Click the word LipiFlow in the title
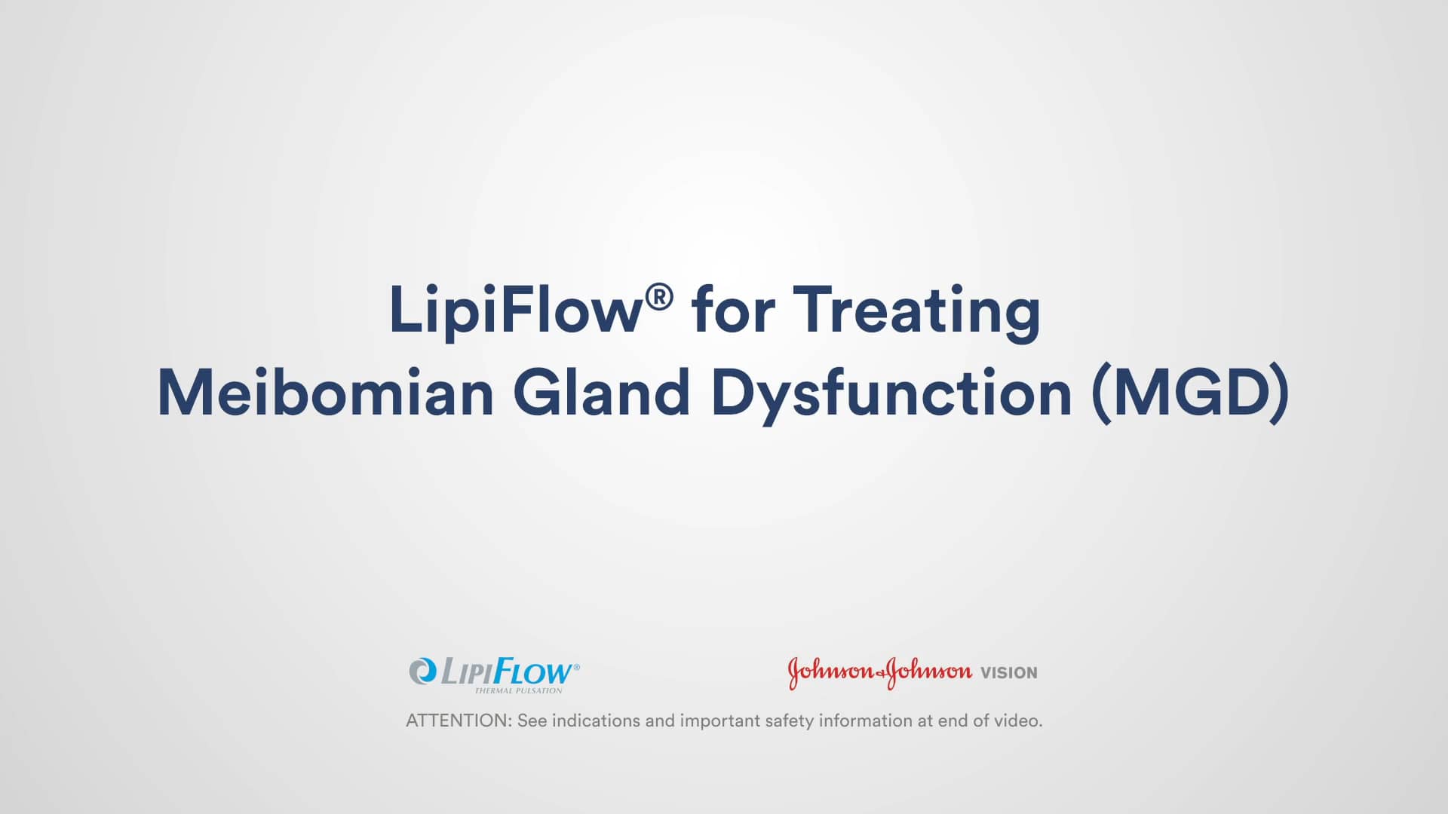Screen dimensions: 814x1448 click(514, 311)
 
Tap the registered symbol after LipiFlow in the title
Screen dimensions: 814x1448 click(658, 297)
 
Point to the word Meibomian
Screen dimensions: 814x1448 click(325, 393)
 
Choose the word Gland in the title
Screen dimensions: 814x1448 click(601, 393)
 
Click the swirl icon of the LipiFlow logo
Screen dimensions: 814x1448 click(422, 670)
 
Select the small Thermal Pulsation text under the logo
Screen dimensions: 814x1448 click(518, 690)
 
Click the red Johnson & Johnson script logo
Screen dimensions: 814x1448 click(879, 672)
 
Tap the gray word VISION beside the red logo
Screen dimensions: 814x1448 click(1008, 673)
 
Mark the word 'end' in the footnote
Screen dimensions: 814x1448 click(953, 721)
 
